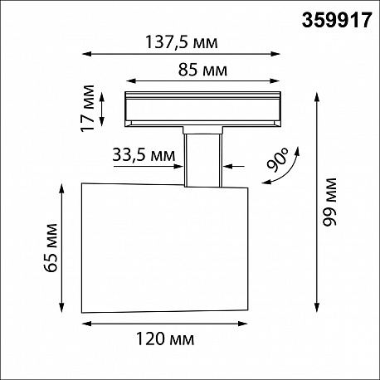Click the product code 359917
337,20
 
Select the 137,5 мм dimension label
182,42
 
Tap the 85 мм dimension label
202,70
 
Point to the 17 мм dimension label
88,109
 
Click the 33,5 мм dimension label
144,154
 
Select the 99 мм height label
330,202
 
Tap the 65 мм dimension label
51,248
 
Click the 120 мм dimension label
165,339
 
